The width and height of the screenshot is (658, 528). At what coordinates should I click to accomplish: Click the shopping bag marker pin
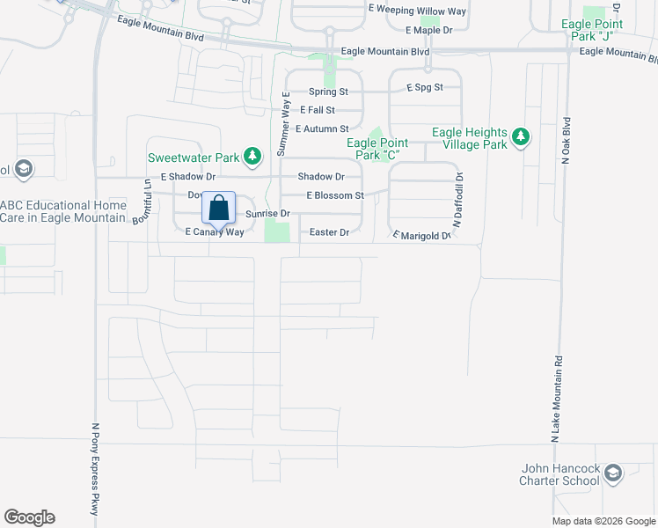point(219,209)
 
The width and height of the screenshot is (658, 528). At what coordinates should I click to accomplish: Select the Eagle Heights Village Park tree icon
point(522,137)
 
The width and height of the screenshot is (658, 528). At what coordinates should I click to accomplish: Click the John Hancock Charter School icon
point(612,474)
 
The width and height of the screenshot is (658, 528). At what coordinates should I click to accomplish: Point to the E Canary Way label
point(214,231)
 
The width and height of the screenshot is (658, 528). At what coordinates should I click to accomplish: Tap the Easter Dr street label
point(330,232)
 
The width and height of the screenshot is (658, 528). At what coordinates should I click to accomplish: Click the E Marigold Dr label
point(421,236)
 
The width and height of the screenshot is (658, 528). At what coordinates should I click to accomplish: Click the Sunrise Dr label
point(267,214)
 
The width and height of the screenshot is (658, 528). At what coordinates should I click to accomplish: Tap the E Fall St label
point(317,110)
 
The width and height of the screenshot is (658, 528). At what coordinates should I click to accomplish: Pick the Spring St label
point(328,92)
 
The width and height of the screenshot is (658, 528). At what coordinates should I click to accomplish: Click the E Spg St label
point(424,87)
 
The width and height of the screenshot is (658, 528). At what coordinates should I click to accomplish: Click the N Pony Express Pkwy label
point(96,469)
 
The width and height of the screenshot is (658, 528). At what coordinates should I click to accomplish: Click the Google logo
point(29,517)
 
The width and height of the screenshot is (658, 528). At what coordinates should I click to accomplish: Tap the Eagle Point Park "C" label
point(379,149)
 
